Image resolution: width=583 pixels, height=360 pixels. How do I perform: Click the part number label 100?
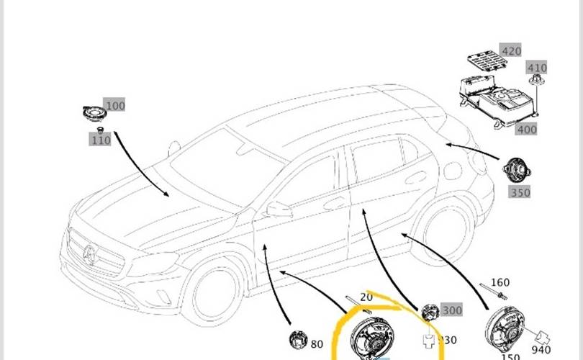(115, 106)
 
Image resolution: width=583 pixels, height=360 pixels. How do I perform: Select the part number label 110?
(101, 140)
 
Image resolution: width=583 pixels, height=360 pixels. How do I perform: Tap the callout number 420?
(511, 51)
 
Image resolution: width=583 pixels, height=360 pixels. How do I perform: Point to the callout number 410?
(537, 68)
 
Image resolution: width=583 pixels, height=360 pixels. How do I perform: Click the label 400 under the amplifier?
(526, 129)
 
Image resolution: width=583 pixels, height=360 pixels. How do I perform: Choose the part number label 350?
(520, 192)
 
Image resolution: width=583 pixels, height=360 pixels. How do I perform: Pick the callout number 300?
(452, 310)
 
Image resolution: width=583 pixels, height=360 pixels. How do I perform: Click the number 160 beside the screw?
(500, 283)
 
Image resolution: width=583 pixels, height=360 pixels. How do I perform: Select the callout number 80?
(317, 343)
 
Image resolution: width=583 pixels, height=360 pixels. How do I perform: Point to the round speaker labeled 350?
(515, 171)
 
